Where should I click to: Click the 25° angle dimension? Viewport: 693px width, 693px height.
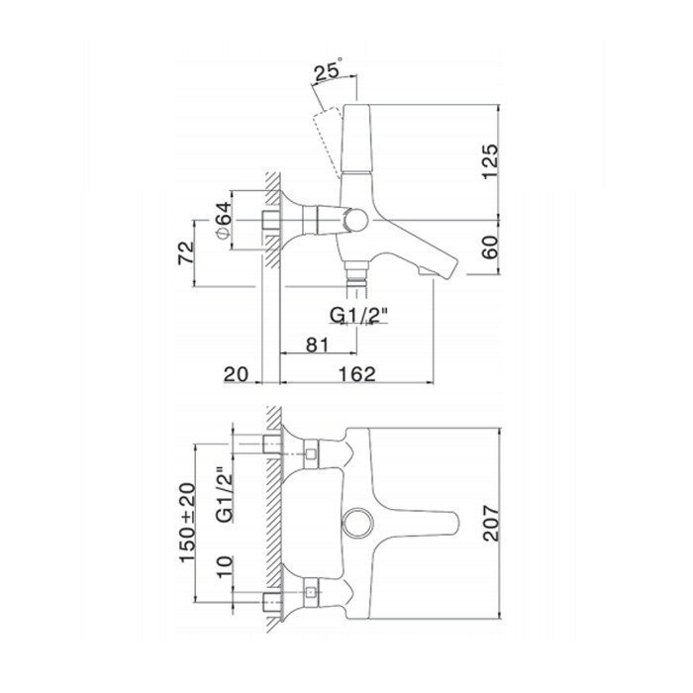[x=328, y=69]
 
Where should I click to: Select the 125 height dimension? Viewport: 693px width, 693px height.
[x=490, y=161]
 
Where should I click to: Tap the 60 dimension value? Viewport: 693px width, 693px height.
[x=490, y=247]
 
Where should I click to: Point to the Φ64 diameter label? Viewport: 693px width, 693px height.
[x=224, y=220]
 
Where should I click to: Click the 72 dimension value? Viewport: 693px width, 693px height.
[x=186, y=253]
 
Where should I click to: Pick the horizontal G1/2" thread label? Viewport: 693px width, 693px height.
[x=358, y=315]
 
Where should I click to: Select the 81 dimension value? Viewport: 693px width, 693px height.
[x=318, y=345]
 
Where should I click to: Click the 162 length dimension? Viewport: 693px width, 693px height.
[x=357, y=374]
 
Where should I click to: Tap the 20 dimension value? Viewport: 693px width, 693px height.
[x=237, y=374]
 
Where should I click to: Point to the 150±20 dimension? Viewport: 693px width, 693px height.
[x=187, y=523]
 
